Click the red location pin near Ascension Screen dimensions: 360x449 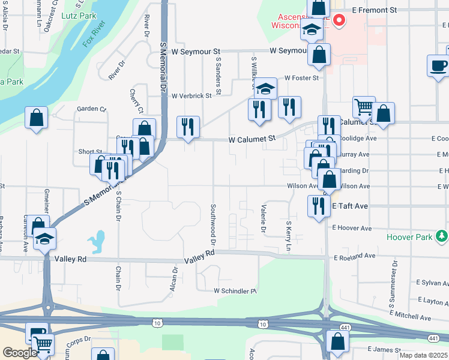(x=339, y=21)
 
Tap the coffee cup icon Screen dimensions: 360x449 (x=438, y=65)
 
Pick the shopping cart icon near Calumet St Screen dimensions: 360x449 (x=364, y=107)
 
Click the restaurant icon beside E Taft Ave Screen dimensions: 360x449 (x=318, y=205)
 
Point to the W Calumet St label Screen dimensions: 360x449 (x=252, y=139)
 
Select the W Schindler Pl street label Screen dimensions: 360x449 (x=235, y=291)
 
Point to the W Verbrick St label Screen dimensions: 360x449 (x=191, y=95)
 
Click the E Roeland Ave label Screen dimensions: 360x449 (x=354, y=256)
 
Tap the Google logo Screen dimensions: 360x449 (x=20, y=353)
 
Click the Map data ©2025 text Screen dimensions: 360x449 (x=423, y=355)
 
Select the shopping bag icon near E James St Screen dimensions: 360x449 (x=338, y=341)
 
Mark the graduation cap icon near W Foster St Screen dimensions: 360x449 (x=265, y=88)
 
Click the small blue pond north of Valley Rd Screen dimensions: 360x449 (x=95, y=242)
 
